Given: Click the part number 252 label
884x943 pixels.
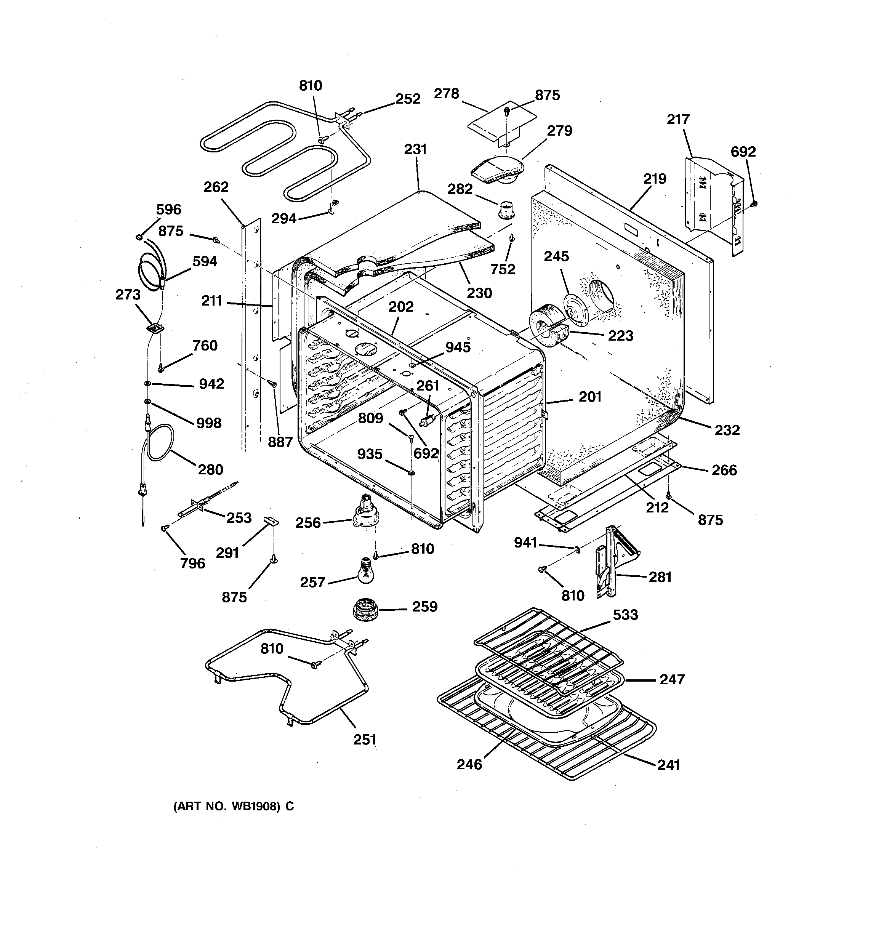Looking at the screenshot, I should [408, 99].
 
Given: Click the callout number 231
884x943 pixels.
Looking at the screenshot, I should [415, 149].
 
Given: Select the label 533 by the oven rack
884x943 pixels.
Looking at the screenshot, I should [625, 615].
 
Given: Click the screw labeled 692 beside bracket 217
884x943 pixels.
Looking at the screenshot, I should [754, 203].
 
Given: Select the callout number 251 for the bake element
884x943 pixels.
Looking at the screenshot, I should [364, 740].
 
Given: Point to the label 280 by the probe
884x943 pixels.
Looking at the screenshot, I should [210, 470].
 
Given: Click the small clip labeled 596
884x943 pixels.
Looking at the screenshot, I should [139, 236].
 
